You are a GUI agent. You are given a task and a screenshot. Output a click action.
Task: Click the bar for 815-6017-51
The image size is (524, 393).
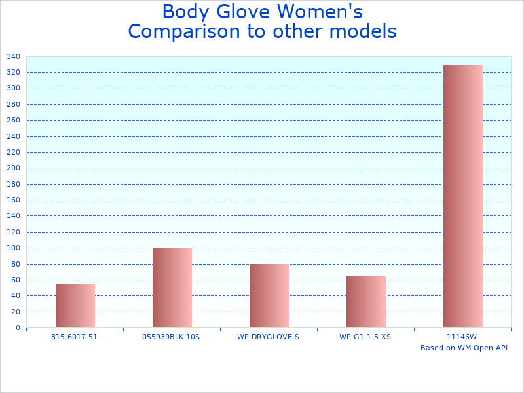75,306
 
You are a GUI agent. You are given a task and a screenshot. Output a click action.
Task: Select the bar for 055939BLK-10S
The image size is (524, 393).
172,288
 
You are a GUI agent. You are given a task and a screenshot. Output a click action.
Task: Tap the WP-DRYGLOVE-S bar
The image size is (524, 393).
269,295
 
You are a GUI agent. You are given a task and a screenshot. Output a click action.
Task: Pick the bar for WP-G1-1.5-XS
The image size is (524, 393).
366,302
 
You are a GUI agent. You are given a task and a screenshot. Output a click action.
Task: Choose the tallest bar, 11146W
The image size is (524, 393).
463,196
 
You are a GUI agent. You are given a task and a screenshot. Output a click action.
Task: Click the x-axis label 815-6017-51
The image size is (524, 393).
74,337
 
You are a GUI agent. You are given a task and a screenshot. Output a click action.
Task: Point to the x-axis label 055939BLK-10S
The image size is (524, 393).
171,337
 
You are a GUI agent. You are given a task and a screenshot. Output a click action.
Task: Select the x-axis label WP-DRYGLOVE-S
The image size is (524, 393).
268,337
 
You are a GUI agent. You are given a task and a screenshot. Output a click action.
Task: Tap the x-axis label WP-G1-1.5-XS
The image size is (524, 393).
365,337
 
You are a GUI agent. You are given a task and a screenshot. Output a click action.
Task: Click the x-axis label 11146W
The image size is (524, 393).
462,337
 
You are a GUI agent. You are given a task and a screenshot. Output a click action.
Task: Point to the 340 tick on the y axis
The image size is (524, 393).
13,56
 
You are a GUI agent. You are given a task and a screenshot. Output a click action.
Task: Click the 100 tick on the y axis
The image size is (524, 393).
13,248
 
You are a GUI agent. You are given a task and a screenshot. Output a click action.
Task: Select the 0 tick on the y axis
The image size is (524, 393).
18,327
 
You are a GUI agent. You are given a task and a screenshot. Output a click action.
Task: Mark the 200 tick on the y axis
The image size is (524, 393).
13,168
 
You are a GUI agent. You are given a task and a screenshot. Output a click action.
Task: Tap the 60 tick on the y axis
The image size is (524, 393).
15,280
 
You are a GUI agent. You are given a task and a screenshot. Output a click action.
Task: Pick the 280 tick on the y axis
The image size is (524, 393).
13,104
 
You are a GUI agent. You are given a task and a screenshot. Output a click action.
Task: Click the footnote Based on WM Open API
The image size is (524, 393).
464,348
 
